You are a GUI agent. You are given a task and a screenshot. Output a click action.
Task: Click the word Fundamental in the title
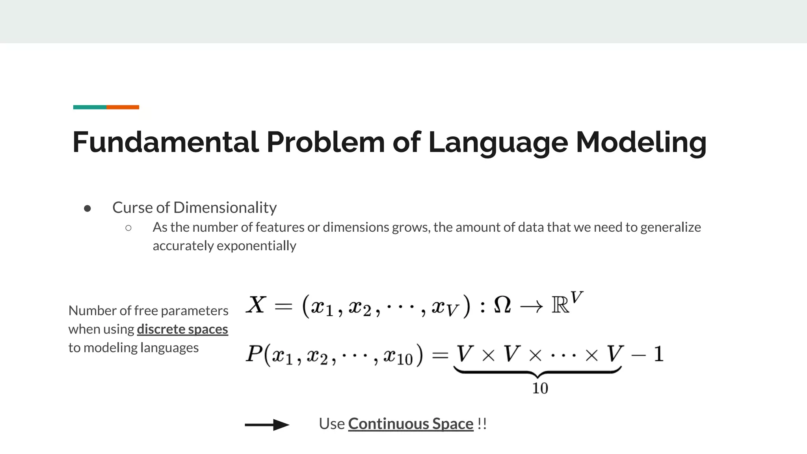click(x=165, y=142)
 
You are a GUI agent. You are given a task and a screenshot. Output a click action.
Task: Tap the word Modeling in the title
click(x=641, y=142)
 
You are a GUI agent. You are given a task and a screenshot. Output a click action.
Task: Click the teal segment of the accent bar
click(x=89, y=107)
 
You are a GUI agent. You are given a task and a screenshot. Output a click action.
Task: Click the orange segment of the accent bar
click(x=123, y=107)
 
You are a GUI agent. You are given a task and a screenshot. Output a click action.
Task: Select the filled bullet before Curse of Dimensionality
click(x=87, y=208)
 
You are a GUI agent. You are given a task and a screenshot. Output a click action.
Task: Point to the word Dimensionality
click(x=225, y=208)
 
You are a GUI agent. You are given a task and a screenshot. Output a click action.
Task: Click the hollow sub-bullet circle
click(x=128, y=228)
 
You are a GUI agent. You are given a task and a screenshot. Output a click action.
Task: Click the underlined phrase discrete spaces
click(x=182, y=329)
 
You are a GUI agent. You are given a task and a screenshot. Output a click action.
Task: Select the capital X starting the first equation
click(x=256, y=305)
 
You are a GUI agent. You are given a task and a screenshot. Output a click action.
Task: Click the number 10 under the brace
click(x=540, y=389)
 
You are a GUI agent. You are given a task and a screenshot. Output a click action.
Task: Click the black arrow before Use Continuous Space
click(x=267, y=425)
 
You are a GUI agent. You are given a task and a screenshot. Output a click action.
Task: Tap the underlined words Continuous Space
click(x=411, y=424)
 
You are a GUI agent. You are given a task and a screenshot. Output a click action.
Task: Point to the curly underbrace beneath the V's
click(x=537, y=371)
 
